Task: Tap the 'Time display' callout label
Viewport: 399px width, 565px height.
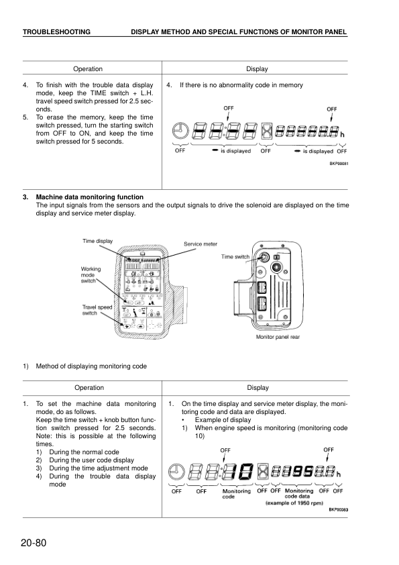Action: click(98, 241)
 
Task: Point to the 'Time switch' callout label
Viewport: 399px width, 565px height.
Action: click(235, 256)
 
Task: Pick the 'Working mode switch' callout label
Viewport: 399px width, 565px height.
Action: click(91, 274)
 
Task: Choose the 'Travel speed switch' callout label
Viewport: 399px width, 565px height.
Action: click(95, 309)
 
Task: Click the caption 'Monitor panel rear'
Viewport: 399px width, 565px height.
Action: click(278, 337)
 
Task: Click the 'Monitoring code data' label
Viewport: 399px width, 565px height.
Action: click(298, 494)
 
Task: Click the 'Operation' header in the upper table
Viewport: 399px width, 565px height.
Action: click(88, 69)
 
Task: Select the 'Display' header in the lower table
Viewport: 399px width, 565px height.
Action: click(257, 387)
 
